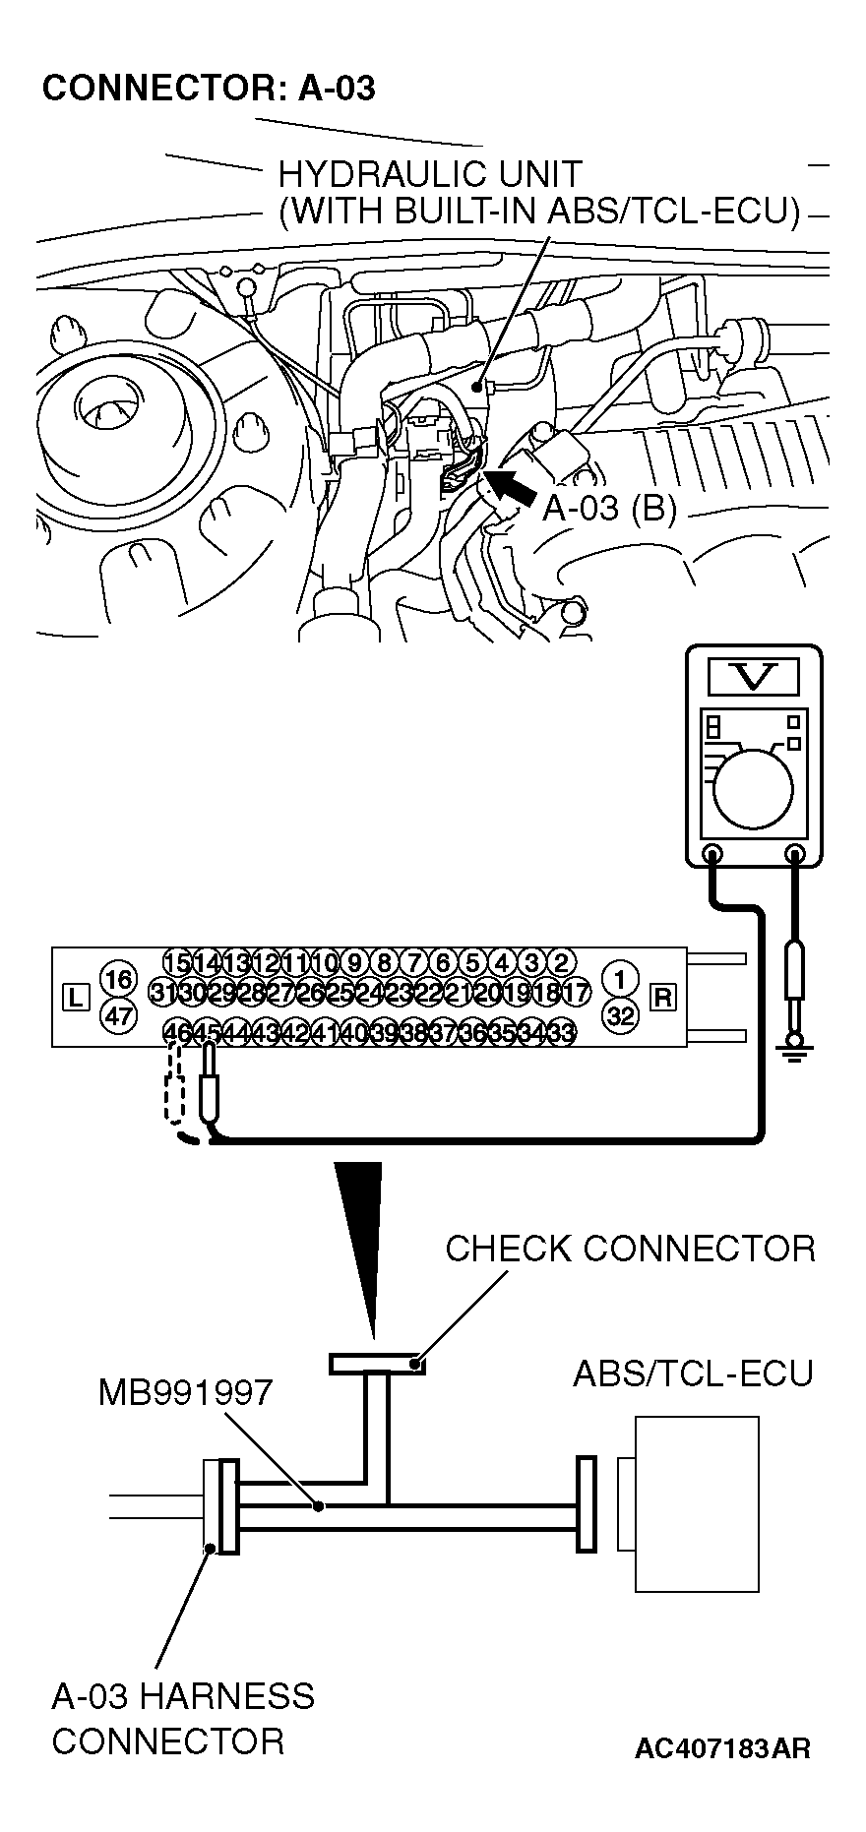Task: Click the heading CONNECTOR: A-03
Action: coord(209,89)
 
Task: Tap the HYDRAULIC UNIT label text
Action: coord(430,174)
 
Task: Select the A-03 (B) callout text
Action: coord(610,508)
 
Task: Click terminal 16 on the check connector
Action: coord(118,980)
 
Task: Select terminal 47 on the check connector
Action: coord(118,1015)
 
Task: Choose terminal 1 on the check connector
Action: coord(620,979)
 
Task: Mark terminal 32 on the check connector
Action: coord(620,1015)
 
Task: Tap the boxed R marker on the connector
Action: coord(663,997)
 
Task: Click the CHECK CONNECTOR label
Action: coord(630,1249)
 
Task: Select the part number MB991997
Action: coord(185,1392)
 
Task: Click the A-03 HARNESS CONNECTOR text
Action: coord(183,1718)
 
